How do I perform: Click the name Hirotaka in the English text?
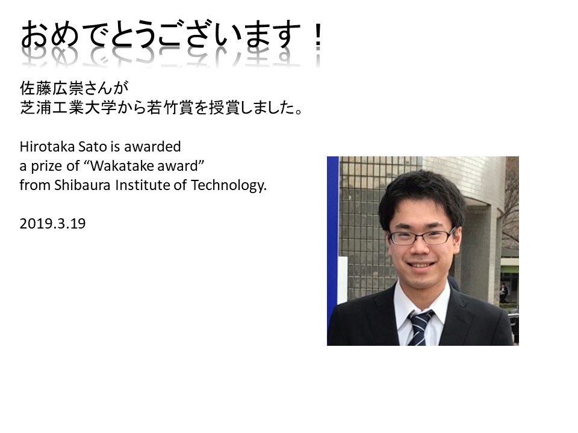pos(47,147)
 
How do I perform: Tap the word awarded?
pos(152,147)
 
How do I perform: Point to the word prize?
pos(46,167)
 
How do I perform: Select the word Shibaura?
pos(82,185)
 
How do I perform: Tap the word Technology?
pos(229,186)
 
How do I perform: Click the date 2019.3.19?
pos(52,224)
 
